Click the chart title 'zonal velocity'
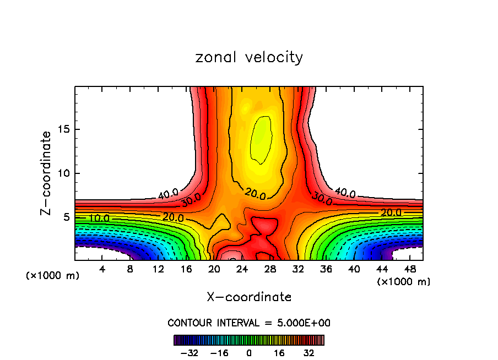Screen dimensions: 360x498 [x=249, y=57]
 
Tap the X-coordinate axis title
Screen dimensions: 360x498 [x=249, y=297]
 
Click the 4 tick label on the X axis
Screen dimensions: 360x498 [x=102, y=269]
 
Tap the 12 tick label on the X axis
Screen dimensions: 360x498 [x=158, y=269]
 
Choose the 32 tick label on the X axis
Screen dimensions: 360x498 [x=299, y=269]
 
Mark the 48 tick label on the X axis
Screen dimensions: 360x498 [x=410, y=269]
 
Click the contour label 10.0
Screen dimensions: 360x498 [x=99, y=218]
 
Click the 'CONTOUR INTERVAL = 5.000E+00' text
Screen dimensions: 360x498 [x=249, y=323]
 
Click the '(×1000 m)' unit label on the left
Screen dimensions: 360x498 [x=53, y=276]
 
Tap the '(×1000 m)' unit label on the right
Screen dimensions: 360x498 [x=404, y=282]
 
